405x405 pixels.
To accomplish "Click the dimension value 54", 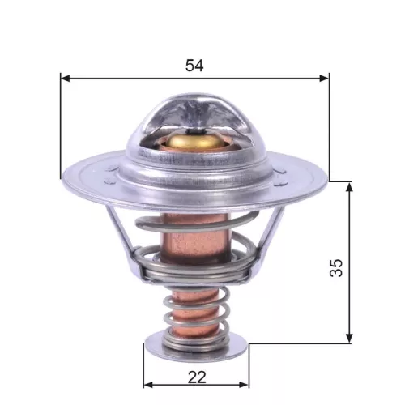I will point(194,66).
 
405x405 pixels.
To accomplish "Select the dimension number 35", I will point(337,267).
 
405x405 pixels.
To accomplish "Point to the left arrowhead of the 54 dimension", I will point(66,79).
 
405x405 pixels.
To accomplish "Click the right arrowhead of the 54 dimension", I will point(325,79).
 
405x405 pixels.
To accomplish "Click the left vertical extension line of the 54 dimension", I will point(61,130).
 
